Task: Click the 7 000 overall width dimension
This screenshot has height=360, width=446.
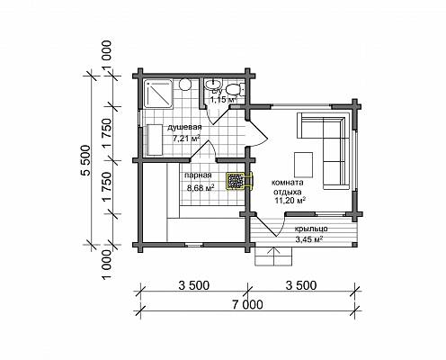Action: tap(247, 305)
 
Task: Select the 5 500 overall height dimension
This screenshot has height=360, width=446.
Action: tap(86, 160)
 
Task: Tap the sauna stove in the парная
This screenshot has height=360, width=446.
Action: tap(240, 181)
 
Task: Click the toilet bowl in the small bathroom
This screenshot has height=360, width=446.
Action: tap(233, 89)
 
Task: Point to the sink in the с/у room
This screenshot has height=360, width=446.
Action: tap(213, 84)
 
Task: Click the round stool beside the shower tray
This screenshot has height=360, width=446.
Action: tap(185, 85)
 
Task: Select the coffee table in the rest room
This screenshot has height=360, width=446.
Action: tap(304, 165)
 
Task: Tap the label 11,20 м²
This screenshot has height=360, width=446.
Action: tap(290, 201)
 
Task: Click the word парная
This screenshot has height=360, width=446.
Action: tap(198, 175)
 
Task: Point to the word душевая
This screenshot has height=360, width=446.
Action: tap(184, 127)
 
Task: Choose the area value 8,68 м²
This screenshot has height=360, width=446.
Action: tap(201, 188)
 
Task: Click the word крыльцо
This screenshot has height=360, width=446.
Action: tap(311, 229)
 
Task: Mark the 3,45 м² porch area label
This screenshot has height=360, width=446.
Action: tap(309, 239)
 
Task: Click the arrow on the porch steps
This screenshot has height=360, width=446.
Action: tap(273, 256)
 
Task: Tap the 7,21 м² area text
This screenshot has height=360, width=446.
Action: tap(186, 139)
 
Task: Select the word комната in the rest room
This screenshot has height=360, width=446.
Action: tap(287, 183)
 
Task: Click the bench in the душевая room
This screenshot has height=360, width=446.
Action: tap(155, 139)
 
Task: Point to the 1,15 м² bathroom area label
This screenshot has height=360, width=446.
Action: tap(223, 100)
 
